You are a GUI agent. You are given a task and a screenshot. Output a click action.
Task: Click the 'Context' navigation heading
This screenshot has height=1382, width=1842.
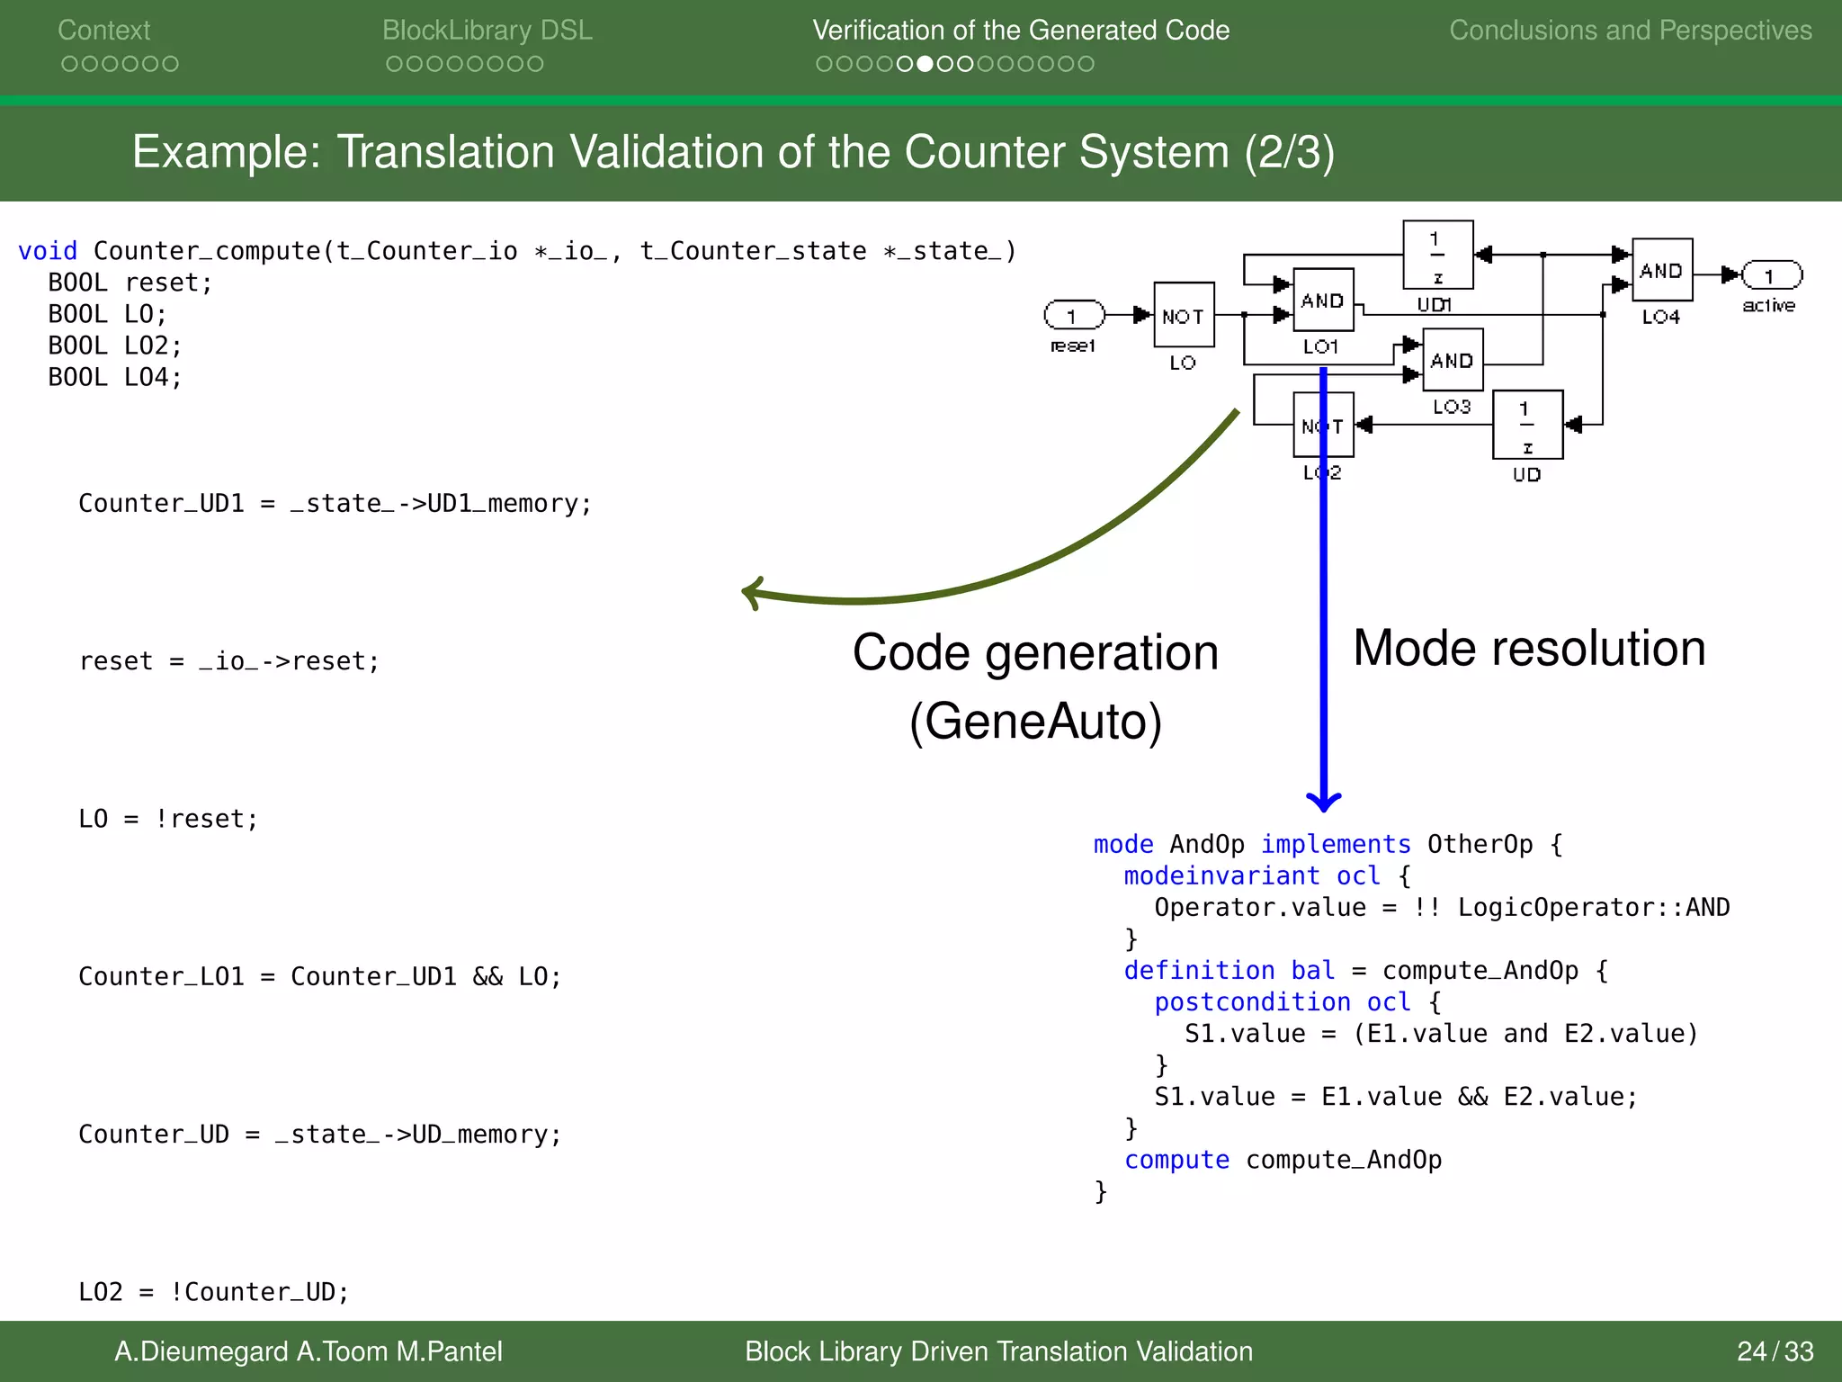click(103, 30)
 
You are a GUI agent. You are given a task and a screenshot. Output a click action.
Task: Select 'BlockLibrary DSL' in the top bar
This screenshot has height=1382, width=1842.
click(487, 30)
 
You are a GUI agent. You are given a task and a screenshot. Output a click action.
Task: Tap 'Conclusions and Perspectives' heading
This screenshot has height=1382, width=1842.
click(1630, 30)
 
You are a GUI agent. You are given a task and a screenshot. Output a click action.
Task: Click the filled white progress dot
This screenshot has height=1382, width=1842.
click(925, 64)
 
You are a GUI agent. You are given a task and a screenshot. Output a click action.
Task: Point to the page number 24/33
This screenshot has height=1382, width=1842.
click(1775, 1351)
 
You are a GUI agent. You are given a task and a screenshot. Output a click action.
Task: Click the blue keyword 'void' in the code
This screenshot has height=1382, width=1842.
click(47, 251)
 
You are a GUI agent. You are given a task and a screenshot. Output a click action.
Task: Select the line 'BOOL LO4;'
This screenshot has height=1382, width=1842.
click(114, 377)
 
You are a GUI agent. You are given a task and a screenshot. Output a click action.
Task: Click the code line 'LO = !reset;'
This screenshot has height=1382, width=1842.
click(168, 819)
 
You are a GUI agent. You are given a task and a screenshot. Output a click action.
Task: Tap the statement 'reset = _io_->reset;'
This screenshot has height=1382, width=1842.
click(229, 661)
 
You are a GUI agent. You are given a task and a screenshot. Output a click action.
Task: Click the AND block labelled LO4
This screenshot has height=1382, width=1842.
click(1661, 270)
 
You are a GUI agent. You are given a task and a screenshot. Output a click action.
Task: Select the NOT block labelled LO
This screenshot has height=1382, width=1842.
click(1184, 315)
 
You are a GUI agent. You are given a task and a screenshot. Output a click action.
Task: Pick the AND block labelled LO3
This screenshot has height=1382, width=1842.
click(1452, 360)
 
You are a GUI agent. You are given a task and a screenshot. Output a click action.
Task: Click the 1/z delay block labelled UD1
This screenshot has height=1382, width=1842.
click(1437, 255)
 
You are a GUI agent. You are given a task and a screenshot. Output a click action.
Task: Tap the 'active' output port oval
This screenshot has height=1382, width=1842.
click(1771, 275)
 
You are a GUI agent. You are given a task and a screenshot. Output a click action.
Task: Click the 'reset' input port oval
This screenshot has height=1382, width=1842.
click(1074, 315)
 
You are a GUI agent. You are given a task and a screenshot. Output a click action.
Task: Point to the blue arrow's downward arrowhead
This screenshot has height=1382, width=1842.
click(1323, 800)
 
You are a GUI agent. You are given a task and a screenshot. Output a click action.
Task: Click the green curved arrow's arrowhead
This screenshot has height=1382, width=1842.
click(752, 593)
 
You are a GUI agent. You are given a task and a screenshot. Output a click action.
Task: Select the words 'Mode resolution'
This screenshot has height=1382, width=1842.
click(1528, 648)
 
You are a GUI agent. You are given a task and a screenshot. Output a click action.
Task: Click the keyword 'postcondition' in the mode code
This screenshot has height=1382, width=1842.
click(1251, 1001)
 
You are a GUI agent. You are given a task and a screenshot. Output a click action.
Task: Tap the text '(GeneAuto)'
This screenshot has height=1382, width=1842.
click(1035, 721)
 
